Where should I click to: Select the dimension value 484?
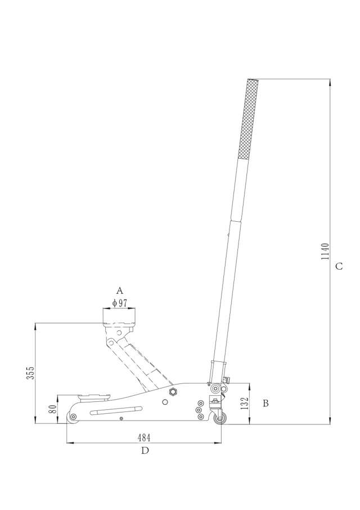pos(144,437)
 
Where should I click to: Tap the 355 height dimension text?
pos(31,373)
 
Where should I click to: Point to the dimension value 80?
pos(52,409)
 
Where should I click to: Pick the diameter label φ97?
pos(120,303)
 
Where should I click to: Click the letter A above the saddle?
pos(119,290)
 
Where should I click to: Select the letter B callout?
pos(266,403)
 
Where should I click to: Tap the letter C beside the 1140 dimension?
pos(339,266)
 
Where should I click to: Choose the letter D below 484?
pos(145,450)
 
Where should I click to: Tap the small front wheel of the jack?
pos(72,417)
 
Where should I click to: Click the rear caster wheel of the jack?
pos(220,418)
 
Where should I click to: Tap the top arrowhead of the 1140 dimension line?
pos(330,82)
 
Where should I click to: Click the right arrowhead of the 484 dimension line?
pos(218,443)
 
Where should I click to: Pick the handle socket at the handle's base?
pos(215,372)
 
